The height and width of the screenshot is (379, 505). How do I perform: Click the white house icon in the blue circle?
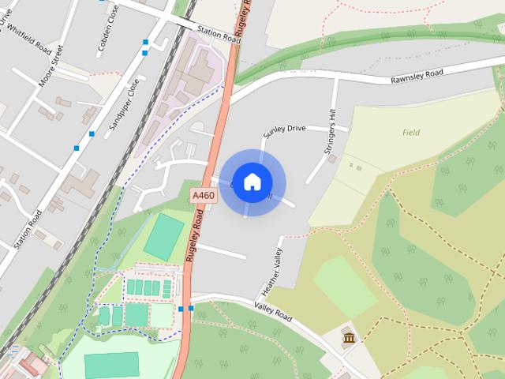252,182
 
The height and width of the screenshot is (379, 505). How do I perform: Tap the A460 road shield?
201,193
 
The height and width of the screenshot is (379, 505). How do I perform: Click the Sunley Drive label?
284,129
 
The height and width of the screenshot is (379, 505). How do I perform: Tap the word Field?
411,133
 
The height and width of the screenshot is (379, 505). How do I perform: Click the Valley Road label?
273,311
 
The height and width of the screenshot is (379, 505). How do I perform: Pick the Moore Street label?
50,66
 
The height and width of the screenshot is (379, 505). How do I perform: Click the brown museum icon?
348,340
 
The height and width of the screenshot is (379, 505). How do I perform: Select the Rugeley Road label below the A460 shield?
194,237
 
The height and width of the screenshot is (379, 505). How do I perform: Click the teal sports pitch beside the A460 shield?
164,235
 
